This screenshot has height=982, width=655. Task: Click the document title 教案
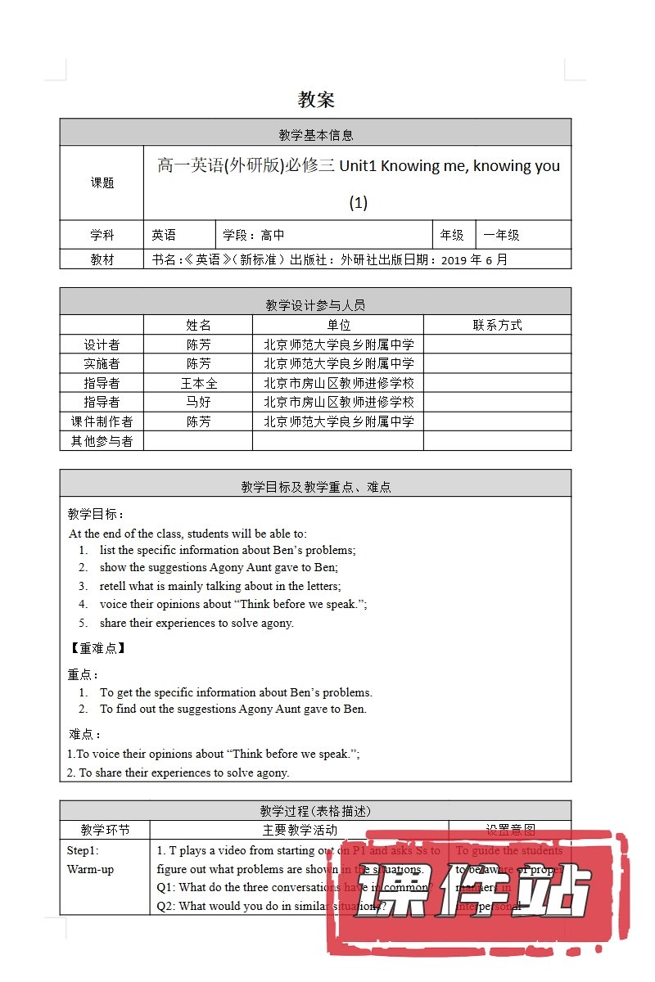point(316,101)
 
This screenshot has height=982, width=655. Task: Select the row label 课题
point(102,182)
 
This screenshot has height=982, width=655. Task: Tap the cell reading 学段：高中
point(254,235)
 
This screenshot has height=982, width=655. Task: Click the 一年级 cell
point(501,235)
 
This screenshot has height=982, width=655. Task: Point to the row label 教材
point(102,259)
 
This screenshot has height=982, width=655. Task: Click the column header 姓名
point(198,325)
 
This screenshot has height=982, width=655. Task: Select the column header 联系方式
point(497,325)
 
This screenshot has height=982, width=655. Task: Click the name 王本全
point(198,383)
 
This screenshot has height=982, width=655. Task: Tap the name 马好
point(198,402)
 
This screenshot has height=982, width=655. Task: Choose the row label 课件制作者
point(102,421)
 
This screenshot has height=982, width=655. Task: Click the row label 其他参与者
point(102,441)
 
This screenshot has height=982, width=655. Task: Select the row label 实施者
point(102,363)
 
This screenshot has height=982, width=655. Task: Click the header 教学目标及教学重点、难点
point(315,486)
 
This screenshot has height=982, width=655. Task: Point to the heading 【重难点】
point(97,648)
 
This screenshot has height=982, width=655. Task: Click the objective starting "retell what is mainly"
point(220,586)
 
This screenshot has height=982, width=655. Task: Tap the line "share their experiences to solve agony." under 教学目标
point(196,623)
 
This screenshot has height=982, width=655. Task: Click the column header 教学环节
point(105,830)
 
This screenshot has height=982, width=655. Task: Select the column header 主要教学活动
point(299,830)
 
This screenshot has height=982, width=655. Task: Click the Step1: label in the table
point(83,850)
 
